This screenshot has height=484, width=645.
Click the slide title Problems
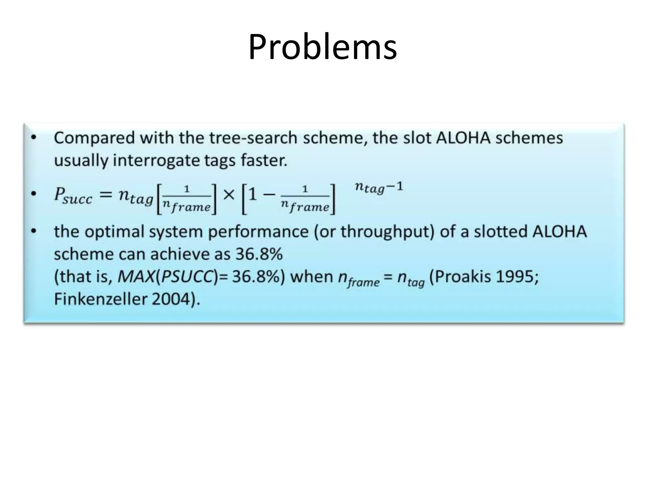pos(322,47)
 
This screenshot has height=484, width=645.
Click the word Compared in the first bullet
pos(93,138)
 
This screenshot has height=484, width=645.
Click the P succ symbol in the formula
pos(73,196)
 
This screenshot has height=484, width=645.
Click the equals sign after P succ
pos(106,195)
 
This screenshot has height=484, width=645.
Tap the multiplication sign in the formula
pos(229,195)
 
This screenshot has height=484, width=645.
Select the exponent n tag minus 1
pos(379,187)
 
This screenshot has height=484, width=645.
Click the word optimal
pos(114,232)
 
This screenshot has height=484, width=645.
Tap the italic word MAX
pos(136,277)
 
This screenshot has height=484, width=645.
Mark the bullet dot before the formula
pos(34,194)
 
